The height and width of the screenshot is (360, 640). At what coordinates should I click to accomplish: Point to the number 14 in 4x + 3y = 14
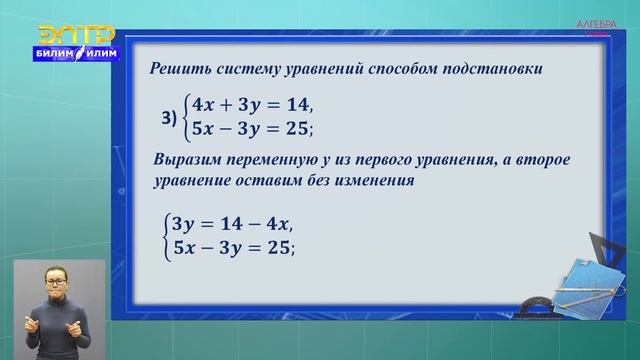295,105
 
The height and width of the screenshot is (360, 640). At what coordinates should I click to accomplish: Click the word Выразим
187,162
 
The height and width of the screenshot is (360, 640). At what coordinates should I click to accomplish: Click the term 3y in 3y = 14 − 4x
185,225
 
